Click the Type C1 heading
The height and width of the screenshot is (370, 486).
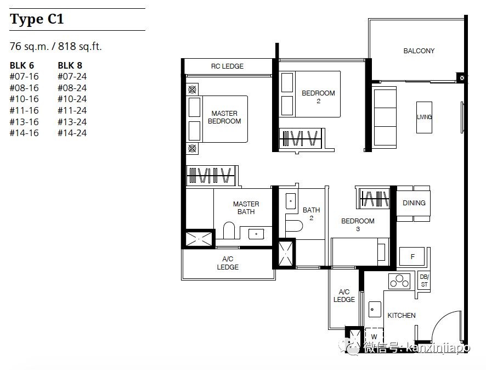[37, 19]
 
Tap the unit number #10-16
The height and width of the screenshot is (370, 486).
[24, 99]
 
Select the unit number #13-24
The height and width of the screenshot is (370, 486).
[72, 122]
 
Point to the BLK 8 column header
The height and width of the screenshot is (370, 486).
[70, 65]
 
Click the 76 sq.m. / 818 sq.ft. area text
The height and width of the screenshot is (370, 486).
[56, 47]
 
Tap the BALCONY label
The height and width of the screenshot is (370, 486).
[419, 51]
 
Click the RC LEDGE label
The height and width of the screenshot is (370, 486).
[227, 66]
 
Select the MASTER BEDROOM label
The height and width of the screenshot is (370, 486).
[224, 117]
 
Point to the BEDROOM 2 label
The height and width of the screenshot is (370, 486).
[318, 97]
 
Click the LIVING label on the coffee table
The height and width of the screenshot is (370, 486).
[425, 117]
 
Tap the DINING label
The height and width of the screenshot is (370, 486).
[414, 203]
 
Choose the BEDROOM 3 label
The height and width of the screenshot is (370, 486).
[358, 225]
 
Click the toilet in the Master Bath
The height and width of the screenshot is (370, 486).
[229, 230]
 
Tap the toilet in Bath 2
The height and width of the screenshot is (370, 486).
[293, 226]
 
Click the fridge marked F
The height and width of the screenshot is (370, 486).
[412, 256]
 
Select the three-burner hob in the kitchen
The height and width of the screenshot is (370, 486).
[399, 281]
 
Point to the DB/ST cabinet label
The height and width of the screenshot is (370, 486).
[424, 281]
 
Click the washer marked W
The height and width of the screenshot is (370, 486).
[374, 336]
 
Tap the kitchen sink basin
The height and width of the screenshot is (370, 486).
[375, 309]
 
